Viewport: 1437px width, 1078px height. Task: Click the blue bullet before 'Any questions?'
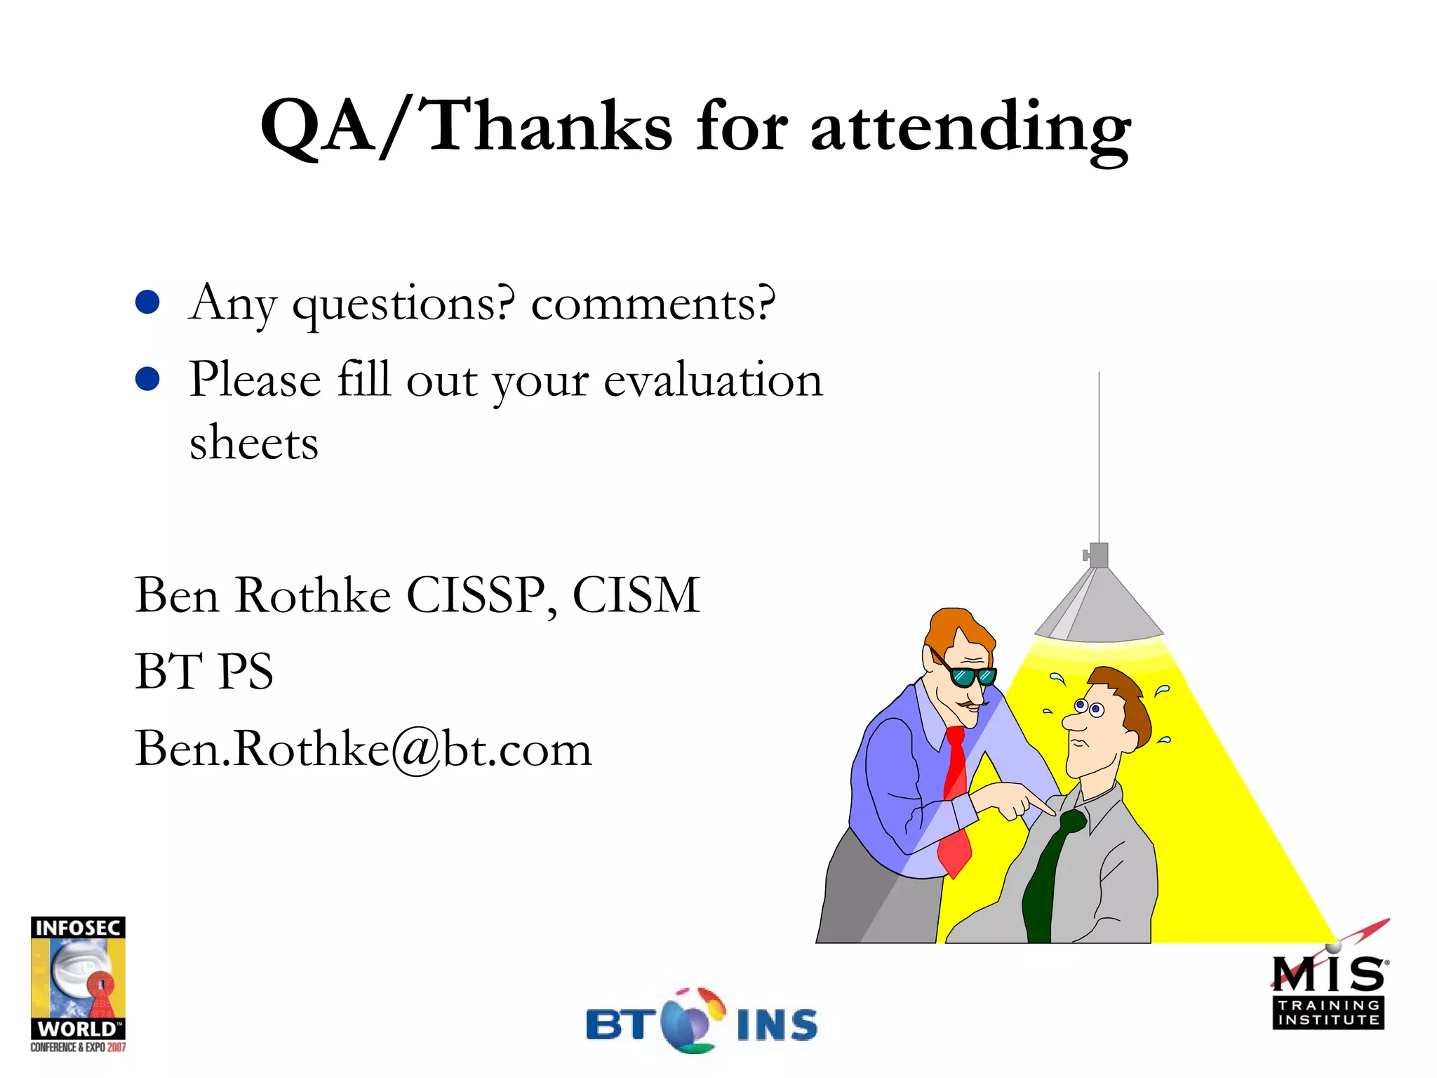[147, 302]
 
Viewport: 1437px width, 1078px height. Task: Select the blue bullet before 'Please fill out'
[147, 379]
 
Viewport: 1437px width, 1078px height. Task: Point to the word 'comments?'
[653, 305]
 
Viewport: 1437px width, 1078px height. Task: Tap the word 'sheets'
[254, 443]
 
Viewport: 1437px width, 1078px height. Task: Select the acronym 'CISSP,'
[482, 595]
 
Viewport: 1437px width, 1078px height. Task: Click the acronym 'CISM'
[636, 595]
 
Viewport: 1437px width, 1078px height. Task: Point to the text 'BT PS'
[203, 671]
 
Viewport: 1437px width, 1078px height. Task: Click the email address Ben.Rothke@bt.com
[363, 748]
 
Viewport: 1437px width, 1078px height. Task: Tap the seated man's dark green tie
[1049, 877]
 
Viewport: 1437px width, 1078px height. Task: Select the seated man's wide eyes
[1088, 707]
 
